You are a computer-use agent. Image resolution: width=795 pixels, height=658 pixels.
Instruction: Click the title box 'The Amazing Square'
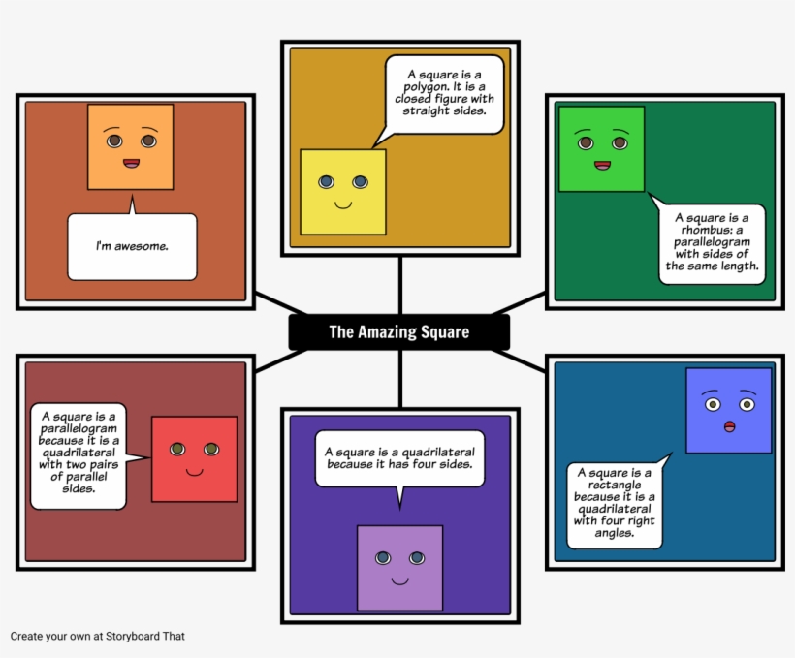(x=398, y=332)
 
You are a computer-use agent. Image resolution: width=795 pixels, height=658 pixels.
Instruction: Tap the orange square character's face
(x=130, y=146)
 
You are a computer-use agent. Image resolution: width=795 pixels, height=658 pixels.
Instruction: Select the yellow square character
(x=342, y=192)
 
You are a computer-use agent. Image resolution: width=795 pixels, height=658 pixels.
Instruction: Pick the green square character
(x=601, y=148)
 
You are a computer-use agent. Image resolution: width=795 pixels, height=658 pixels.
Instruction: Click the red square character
(x=194, y=458)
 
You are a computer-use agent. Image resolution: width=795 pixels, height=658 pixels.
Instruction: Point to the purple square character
(x=399, y=567)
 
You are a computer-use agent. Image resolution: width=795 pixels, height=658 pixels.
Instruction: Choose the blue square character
(x=728, y=410)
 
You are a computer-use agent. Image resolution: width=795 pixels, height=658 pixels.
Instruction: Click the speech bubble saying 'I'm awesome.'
(x=132, y=246)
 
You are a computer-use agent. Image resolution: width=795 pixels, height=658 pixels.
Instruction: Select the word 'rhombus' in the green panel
(x=702, y=231)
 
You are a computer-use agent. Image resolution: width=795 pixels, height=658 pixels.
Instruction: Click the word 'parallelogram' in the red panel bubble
(x=79, y=428)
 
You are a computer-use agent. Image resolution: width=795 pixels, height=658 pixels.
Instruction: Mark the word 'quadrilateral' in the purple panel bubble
(x=438, y=452)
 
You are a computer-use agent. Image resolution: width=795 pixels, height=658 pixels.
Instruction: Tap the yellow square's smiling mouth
(x=342, y=204)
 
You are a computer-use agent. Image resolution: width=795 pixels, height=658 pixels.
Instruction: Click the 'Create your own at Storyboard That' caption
(x=97, y=637)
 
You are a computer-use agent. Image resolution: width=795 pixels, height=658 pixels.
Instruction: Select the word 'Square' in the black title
(x=445, y=332)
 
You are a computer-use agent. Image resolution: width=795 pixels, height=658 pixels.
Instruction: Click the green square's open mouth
(x=602, y=165)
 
